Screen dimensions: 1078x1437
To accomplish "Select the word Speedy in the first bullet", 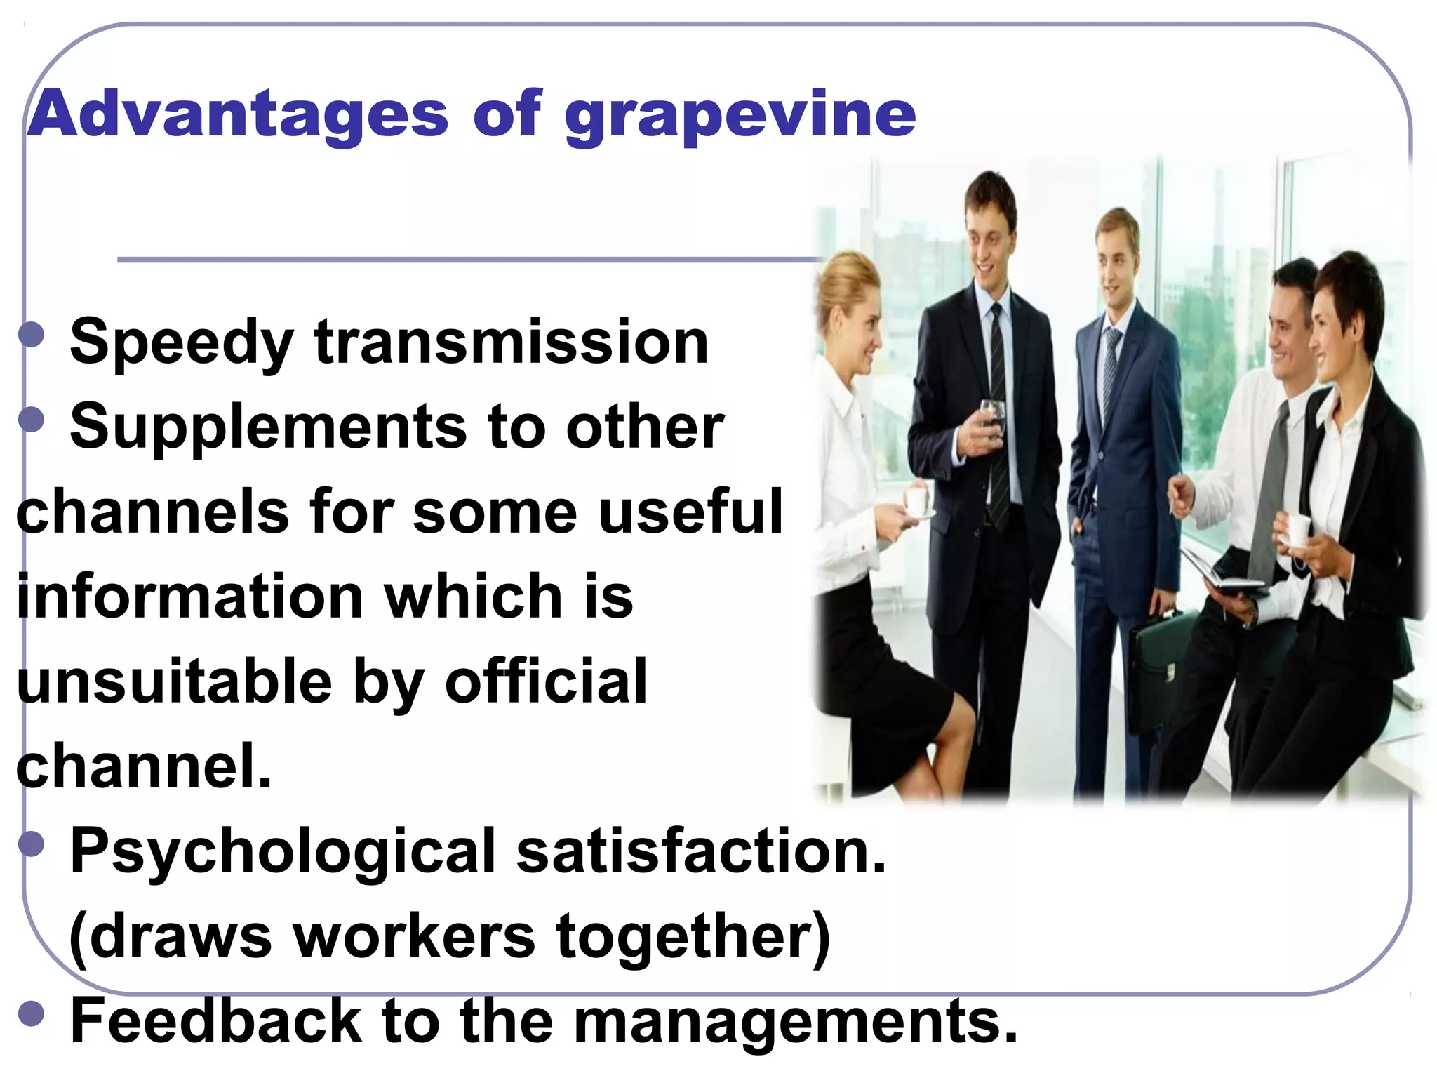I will [x=181, y=343].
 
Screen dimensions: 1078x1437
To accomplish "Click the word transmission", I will [x=512, y=342].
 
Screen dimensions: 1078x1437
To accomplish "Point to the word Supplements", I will [x=268, y=429].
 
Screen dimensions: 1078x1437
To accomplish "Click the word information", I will [x=189, y=597].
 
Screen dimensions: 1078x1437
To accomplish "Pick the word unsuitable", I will [x=174, y=681].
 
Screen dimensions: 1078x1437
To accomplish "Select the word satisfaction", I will [x=702, y=851].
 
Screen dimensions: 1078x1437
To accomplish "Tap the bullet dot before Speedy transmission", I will [x=32, y=334].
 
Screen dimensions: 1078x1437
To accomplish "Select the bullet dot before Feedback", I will [x=32, y=1013].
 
